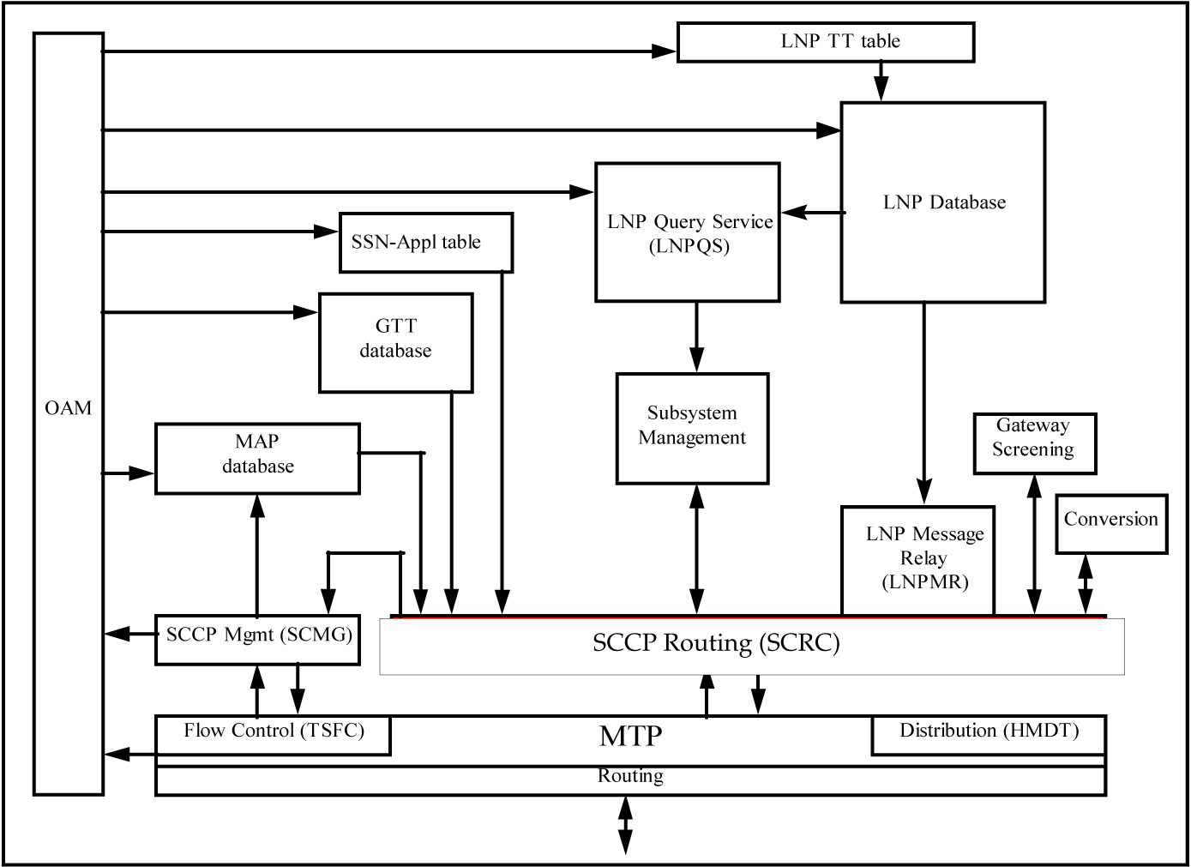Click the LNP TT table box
coord(825,42)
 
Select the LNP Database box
coord(942,202)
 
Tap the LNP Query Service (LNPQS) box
coord(688,232)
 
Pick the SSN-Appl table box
coord(425,243)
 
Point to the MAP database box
coord(257,457)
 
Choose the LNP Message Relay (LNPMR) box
coord(918,559)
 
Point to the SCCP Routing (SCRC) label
coord(716,643)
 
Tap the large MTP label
coord(630,736)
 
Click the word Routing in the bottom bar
coord(630,777)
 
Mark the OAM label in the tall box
coord(68,409)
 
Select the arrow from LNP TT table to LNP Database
coord(880,82)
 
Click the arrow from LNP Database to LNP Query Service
coord(810,212)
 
